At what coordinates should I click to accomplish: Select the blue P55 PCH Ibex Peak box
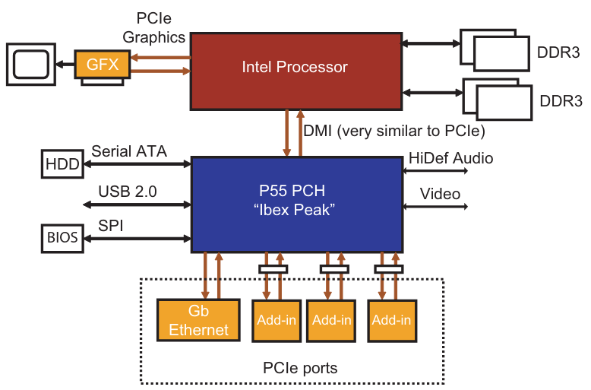(296, 198)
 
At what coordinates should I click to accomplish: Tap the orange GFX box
(102, 64)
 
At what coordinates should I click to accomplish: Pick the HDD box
(62, 163)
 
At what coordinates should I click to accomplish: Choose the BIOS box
(62, 237)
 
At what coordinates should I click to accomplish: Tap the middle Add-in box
(332, 320)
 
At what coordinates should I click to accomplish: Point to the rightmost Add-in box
(390, 320)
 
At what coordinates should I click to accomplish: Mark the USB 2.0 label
(128, 192)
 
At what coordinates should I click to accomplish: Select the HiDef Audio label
(450, 158)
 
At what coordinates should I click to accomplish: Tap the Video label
(441, 194)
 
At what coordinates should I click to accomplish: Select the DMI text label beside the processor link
(393, 130)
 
